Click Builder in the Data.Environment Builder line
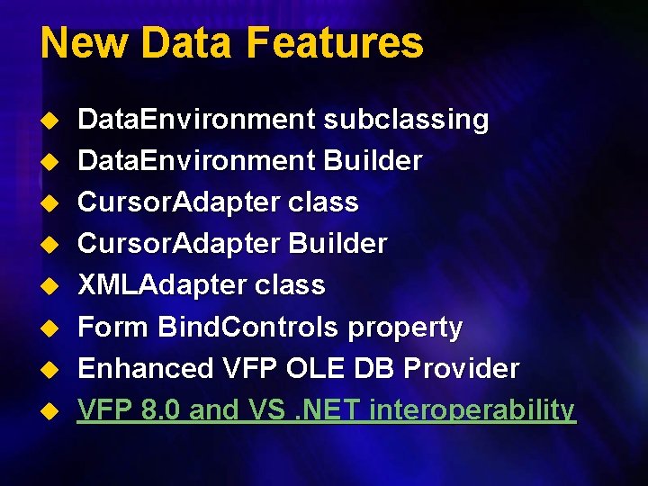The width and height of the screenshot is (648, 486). point(373,161)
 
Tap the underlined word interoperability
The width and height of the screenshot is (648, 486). point(472,410)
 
